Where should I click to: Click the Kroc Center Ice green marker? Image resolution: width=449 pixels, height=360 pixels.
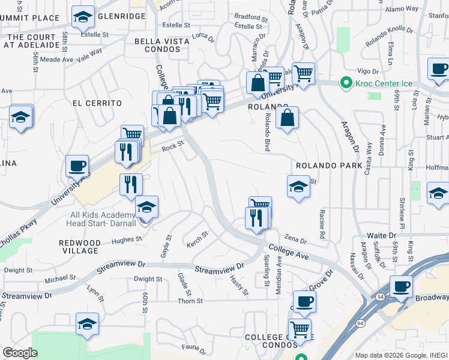pos(346,82)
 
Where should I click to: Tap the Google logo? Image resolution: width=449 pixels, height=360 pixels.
pos(20,353)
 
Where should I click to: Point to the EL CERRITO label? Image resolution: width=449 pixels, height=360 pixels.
pos(97,103)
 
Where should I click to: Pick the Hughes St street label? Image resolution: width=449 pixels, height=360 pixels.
pos(127,239)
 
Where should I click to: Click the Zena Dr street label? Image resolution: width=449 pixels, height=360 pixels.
pos(295,239)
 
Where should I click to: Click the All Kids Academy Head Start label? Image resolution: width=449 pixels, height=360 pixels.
pos(103,220)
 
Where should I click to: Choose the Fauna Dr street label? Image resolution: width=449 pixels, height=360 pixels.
pos(194,346)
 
